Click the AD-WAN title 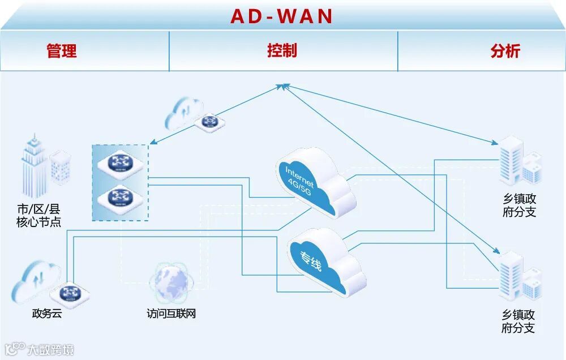[x=282, y=16]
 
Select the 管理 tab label [x=61, y=51]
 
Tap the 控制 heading [x=281, y=50]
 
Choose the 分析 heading [x=505, y=51]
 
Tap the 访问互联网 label [x=171, y=313]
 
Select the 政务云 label [x=46, y=313]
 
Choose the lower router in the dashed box [x=119, y=198]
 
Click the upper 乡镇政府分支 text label [x=519, y=206]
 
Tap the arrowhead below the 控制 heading [x=283, y=86]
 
